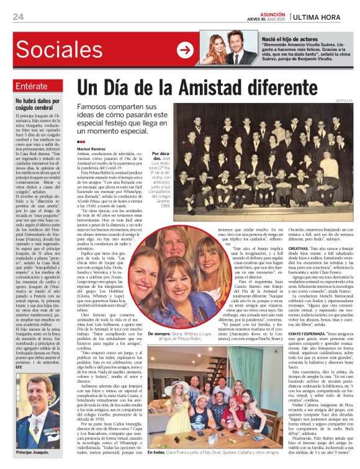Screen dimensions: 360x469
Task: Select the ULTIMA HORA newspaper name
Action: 325,16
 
